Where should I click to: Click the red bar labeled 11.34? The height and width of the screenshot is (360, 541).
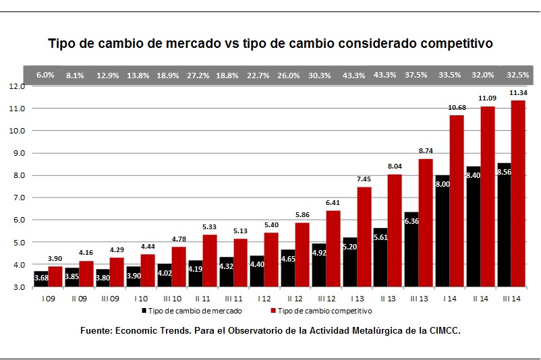click(519, 193)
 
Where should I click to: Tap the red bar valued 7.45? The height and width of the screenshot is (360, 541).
click(364, 237)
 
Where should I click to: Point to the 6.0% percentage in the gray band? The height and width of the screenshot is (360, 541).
click(45, 75)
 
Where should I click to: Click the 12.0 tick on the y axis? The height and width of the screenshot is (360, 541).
click(17, 86)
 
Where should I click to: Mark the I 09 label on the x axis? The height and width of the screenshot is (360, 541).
click(47, 299)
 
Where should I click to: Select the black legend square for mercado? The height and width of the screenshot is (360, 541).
click(144, 311)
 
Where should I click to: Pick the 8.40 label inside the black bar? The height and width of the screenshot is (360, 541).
click(474, 193)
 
